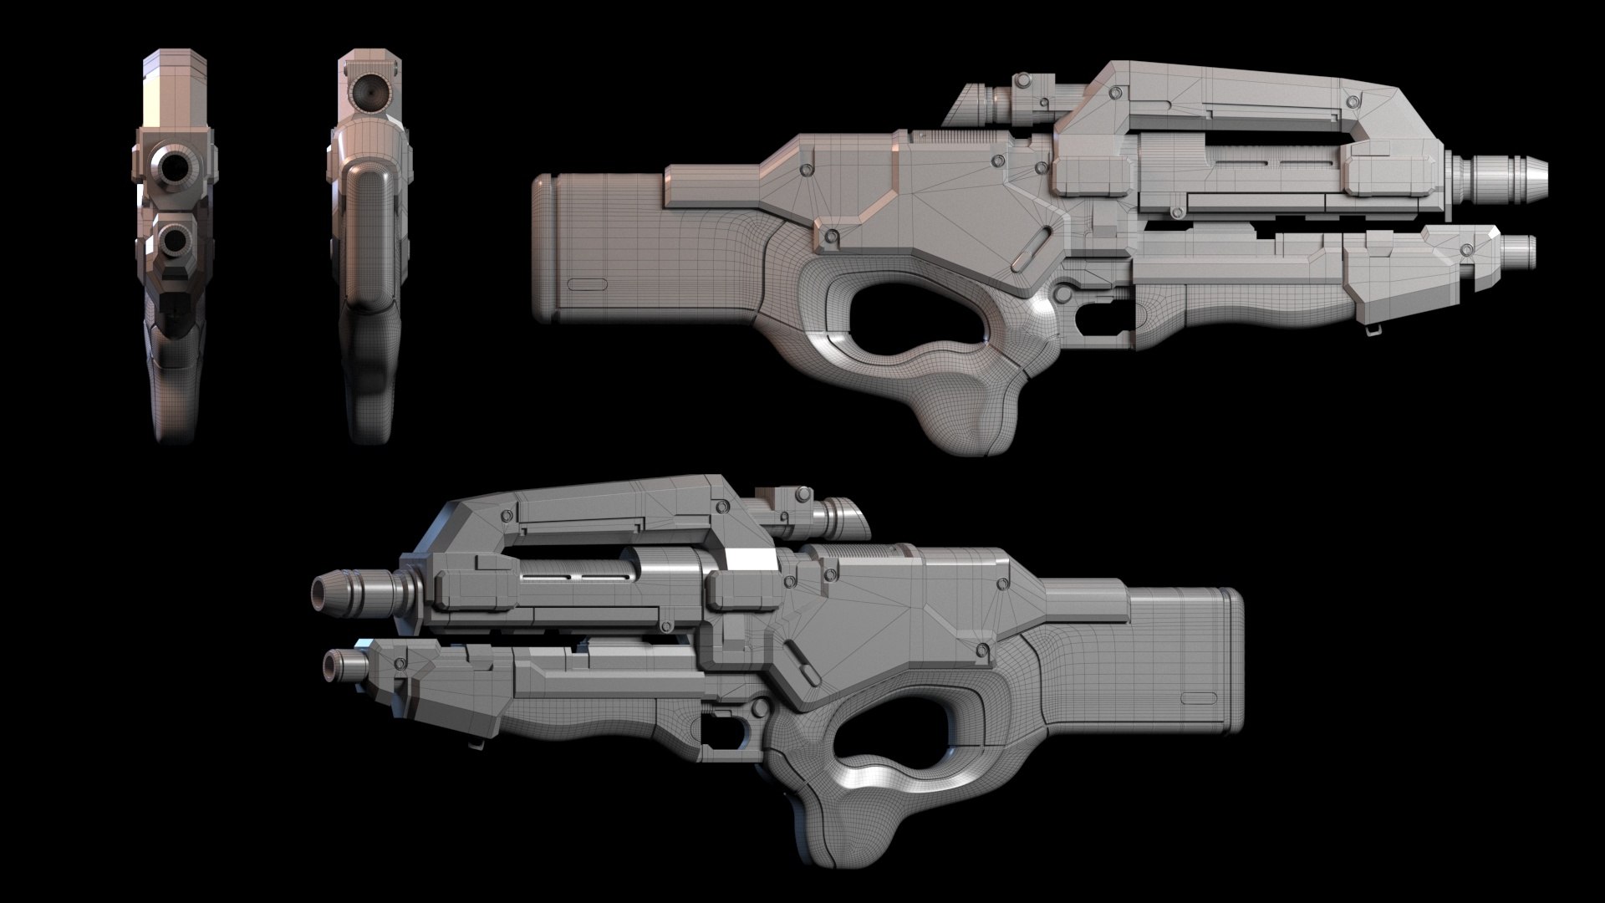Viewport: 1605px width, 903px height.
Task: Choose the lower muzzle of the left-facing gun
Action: click(x=332, y=666)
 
